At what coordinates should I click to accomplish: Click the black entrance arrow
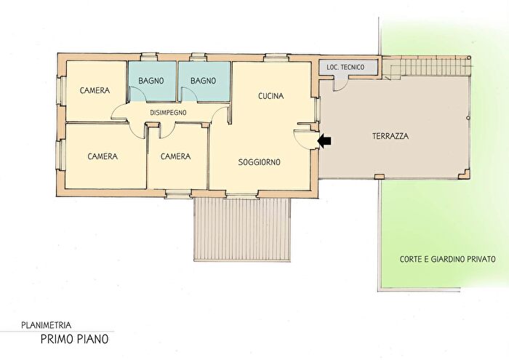click(324, 141)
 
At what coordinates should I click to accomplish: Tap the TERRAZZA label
click(390, 136)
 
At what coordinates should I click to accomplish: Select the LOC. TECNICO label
click(345, 67)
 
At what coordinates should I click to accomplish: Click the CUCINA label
click(270, 96)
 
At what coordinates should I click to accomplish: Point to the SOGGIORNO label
click(259, 162)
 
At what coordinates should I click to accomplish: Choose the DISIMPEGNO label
click(168, 113)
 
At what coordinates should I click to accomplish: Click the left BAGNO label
click(151, 81)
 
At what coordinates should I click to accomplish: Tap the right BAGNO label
click(203, 81)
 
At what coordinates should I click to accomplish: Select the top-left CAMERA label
click(95, 90)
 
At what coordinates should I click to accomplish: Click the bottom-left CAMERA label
click(103, 156)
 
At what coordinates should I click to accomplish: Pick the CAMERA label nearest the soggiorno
click(176, 156)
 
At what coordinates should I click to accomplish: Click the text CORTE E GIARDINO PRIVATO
click(448, 259)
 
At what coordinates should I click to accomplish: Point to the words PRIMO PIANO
click(74, 339)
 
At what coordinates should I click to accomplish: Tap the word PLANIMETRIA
click(46, 324)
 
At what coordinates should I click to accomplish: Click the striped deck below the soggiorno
click(242, 229)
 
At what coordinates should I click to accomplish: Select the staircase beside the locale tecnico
click(426, 66)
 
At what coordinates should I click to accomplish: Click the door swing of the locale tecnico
click(340, 85)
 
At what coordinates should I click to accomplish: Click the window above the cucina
click(276, 57)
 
